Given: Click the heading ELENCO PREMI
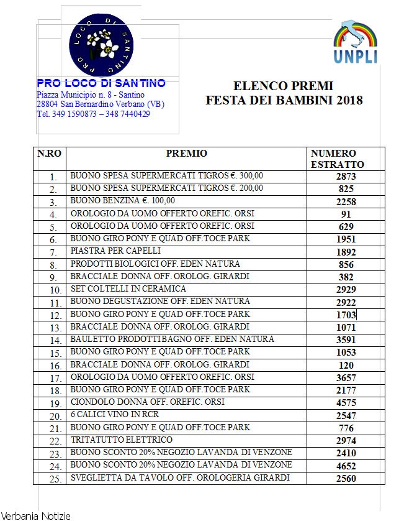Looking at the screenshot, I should (x=283, y=86).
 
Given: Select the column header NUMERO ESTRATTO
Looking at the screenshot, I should (x=337, y=159).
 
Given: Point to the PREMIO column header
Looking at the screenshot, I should (x=187, y=154).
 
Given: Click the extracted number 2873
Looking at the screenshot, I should (x=346, y=177).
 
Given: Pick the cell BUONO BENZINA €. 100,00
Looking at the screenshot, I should (x=123, y=201).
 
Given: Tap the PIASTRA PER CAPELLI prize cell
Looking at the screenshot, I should (x=115, y=251).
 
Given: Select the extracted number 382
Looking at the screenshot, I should (x=346, y=277).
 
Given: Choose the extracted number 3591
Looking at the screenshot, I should (x=346, y=340).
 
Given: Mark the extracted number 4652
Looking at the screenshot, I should (x=346, y=466).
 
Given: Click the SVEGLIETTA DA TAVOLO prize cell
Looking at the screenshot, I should (x=180, y=478).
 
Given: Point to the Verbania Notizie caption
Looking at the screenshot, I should (x=36, y=515).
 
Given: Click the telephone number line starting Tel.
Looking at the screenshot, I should (x=93, y=114).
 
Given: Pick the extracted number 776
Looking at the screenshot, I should (x=346, y=428).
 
